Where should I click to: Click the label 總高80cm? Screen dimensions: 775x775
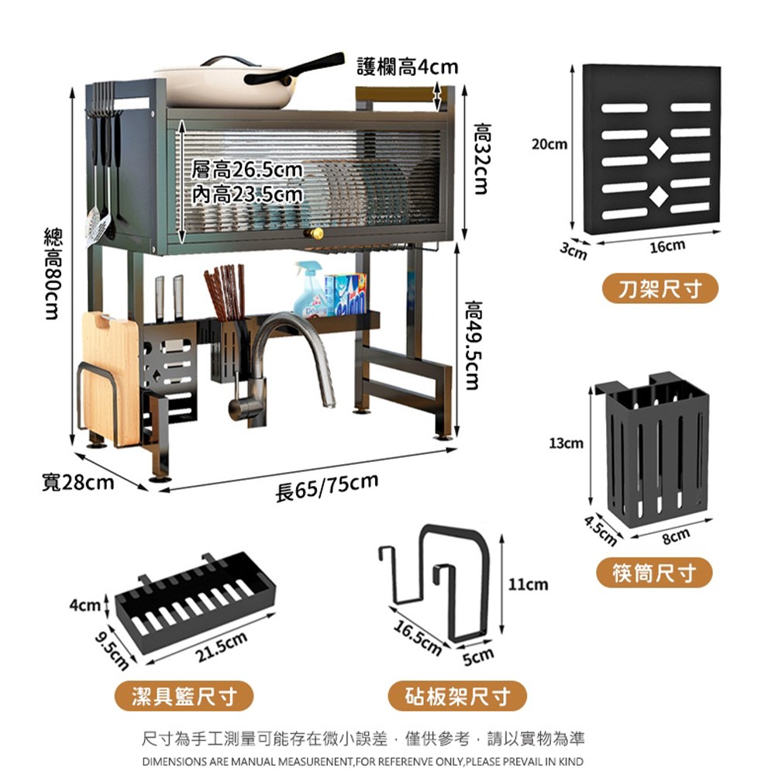(x=52, y=274)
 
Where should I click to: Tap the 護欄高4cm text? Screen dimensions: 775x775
(x=408, y=68)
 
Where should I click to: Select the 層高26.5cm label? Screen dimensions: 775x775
(x=246, y=170)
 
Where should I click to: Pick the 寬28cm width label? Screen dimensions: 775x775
(x=77, y=483)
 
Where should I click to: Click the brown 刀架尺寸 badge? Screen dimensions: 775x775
(x=660, y=289)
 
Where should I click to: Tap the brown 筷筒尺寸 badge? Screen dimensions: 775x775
(x=654, y=573)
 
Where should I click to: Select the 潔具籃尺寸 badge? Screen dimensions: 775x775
(x=184, y=695)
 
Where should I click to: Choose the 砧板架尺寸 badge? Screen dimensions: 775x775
(x=458, y=695)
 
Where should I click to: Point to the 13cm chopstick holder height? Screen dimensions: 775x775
(x=566, y=444)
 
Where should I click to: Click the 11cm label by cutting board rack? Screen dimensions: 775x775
(x=528, y=584)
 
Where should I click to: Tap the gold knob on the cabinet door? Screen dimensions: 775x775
(x=315, y=233)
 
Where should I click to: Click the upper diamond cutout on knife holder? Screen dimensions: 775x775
(x=656, y=146)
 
